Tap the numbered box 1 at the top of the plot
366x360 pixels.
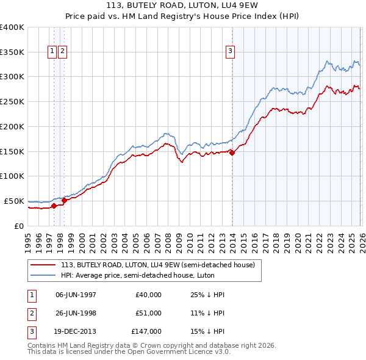point(52,51)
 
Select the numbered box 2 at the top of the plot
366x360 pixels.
point(63,51)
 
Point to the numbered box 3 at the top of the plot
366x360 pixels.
point(231,51)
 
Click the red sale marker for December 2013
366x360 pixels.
point(232,153)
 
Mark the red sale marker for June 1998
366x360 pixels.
point(64,200)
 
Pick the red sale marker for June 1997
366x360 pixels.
point(54,206)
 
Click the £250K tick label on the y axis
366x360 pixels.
point(12,102)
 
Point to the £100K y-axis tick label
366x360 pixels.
point(12,176)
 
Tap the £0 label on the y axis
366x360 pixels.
point(18,226)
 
